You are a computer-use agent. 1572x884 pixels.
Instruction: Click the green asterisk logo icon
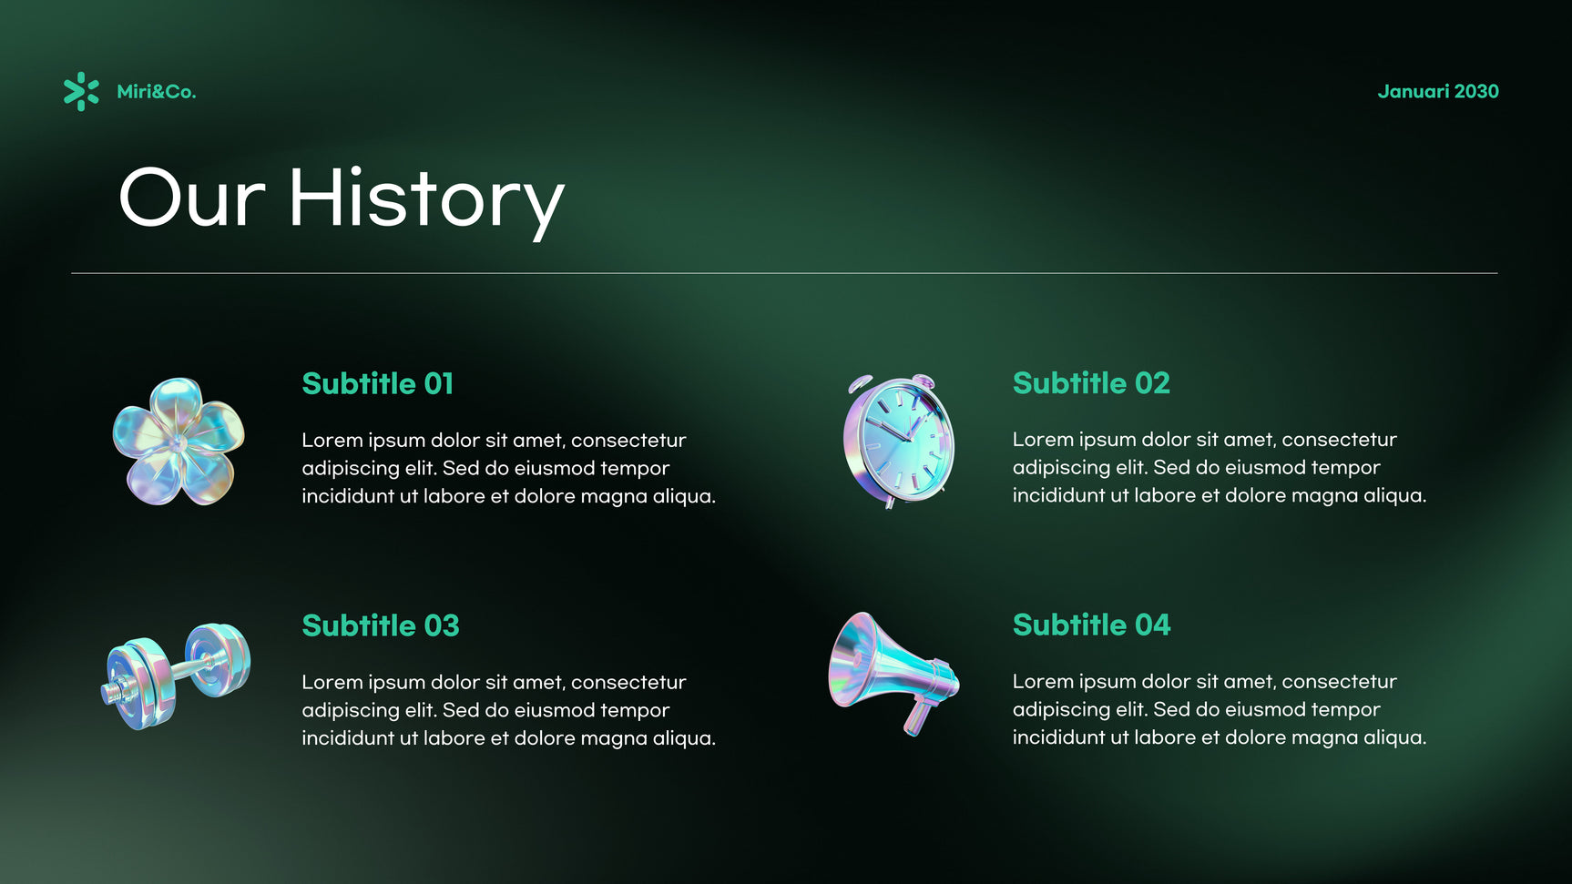click(81, 92)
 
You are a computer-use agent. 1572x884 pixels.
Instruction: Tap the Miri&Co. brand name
click(157, 92)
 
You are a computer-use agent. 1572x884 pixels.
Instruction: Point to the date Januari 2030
click(1438, 91)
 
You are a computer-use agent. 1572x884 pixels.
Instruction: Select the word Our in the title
click(192, 198)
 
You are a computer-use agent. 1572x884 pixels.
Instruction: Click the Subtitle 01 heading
click(378, 383)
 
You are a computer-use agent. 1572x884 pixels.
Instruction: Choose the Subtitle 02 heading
click(1091, 383)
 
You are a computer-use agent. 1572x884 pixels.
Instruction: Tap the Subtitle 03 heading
click(381, 625)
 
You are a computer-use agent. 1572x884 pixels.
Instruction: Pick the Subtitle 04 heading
click(1091, 625)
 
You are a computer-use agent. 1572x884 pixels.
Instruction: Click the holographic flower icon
click(179, 442)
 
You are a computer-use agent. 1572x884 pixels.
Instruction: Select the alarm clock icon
click(899, 441)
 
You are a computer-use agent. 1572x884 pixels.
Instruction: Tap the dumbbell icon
click(176, 676)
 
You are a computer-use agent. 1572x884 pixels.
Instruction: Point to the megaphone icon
click(893, 672)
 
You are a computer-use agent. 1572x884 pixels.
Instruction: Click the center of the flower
click(179, 442)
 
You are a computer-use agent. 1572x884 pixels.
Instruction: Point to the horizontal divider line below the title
click(784, 273)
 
